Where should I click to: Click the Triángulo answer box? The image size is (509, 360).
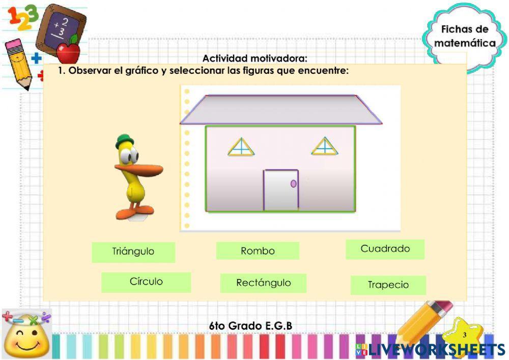point(133,252)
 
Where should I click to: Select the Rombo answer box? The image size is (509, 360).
point(258,251)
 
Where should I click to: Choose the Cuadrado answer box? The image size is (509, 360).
point(385,249)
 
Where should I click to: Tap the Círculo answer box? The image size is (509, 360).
point(146,282)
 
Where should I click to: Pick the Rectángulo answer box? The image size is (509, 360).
point(263,283)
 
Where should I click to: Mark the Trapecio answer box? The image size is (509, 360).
point(388,285)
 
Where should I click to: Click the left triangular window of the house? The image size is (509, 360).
point(241,148)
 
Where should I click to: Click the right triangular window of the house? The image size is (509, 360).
point(324,147)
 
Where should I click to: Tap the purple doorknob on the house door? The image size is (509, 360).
point(293,183)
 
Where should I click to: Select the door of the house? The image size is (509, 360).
point(280,190)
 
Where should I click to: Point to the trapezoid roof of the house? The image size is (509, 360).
point(281,109)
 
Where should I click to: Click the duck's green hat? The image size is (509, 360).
point(123,141)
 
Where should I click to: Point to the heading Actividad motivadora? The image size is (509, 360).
point(254,59)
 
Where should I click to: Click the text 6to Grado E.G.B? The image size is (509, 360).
point(250,325)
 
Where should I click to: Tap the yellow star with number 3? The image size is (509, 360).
point(463,336)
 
